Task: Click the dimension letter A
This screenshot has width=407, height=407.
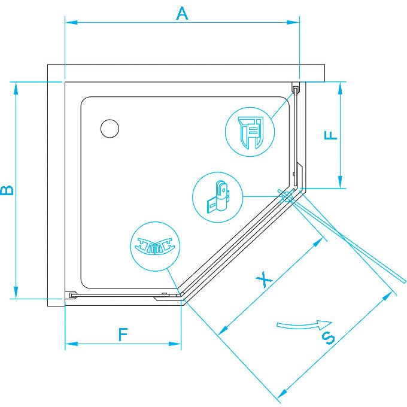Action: pos(182,14)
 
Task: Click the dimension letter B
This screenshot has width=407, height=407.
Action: pos(7,190)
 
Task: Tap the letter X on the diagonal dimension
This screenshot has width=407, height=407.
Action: pos(264,280)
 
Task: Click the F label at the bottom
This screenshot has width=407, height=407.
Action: pos(123,335)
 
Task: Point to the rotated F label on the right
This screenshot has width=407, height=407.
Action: pos(330,135)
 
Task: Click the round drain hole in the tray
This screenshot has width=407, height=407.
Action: pos(110,129)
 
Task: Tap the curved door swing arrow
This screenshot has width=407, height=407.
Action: pos(303,326)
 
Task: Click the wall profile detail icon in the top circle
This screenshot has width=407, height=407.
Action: pos(250,133)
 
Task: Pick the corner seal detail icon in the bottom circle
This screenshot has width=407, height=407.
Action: pos(155,246)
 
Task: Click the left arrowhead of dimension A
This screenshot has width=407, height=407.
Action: pos(71,23)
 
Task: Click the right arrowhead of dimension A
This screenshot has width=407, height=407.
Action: pos(293,23)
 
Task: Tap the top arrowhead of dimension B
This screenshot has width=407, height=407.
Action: pos(16,89)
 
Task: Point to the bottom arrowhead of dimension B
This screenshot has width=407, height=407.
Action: pos(16,292)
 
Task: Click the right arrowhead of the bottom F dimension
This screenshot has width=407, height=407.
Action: pos(175,344)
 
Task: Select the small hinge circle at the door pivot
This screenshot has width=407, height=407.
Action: pos(286,197)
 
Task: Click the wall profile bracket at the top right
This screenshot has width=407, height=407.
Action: pos(296,88)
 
